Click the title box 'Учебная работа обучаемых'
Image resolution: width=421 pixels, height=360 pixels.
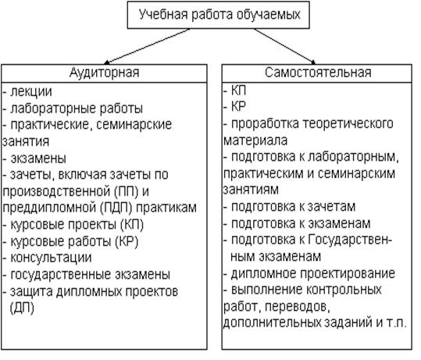coord(218,15)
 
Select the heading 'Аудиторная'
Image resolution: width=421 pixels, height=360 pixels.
coord(104,73)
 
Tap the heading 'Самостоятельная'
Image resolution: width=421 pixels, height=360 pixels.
coord(318,73)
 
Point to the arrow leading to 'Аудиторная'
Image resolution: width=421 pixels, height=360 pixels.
coord(147,46)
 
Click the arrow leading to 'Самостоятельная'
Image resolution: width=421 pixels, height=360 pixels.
coord(284,46)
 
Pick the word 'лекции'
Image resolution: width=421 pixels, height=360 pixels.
coord(31,92)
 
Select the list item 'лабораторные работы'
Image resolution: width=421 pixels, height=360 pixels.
coord(77,109)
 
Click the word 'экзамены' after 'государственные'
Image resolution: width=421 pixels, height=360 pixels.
coord(143,274)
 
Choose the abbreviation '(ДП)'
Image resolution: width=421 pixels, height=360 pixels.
coord(22,308)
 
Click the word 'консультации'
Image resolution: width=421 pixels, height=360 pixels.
coord(51,258)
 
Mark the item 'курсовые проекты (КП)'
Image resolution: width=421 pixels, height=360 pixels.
coord(77,225)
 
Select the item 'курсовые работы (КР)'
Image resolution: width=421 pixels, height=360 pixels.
coord(74,241)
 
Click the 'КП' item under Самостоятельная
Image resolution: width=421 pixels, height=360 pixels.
coord(238,91)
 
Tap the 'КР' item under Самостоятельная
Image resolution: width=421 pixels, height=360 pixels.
coord(238,106)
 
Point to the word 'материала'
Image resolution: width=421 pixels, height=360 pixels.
coord(255,141)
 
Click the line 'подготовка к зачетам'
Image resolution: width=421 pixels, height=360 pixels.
coord(293,207)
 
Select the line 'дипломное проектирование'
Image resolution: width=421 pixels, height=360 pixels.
coord(312,274)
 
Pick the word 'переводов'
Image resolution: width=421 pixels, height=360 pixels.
coord(298,307)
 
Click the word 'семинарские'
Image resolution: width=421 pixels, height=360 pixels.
coord(134,125)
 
